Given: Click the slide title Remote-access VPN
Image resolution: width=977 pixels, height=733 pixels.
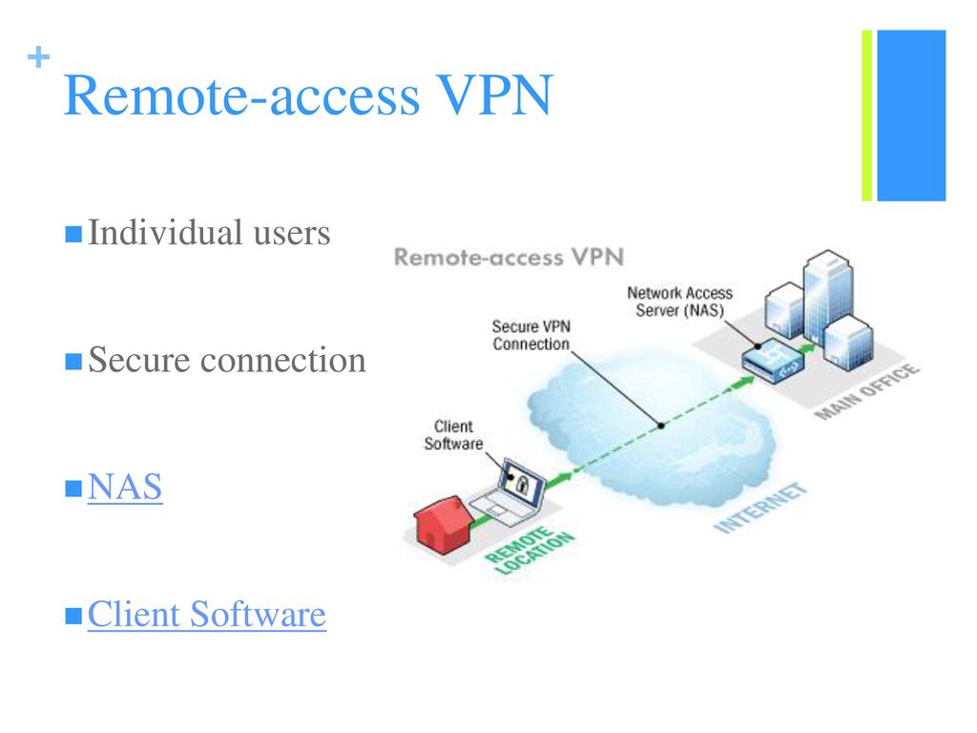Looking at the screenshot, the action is (x=308, y=95).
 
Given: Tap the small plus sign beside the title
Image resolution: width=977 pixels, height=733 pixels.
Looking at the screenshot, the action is (x=38, y=57).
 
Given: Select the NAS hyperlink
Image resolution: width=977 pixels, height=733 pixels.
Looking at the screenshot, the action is (x=125, y=486).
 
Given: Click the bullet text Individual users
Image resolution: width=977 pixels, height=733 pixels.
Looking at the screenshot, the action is (x=209, y=233).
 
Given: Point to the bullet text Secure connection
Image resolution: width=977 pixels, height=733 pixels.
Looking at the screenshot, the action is (x=227, y=360).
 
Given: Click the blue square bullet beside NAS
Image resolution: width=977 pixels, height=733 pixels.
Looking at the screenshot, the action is (x=73, y=489).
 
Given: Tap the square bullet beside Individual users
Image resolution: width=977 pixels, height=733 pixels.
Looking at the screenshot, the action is (x=73, y=235).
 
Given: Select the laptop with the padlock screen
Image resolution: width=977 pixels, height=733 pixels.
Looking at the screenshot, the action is (x=509, y=490).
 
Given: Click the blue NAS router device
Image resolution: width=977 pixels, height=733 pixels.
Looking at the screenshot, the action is (x=773, y=361).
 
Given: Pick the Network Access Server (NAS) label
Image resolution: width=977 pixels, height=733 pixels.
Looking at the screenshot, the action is (x=679, y=302).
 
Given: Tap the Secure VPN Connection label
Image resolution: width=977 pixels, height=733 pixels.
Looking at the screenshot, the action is (x=530, y=335).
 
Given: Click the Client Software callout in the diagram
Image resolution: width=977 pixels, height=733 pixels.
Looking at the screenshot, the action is (x=453, y=435).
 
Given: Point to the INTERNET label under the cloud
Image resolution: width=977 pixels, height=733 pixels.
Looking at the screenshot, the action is (x=760, y=508).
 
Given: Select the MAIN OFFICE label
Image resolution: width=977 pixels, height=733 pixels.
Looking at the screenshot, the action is (x=866, y=390).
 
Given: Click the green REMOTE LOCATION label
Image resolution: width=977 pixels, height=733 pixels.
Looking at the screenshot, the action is (x=530, y=551).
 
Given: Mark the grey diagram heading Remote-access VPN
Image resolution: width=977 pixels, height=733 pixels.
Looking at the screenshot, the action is (x=509, y=257).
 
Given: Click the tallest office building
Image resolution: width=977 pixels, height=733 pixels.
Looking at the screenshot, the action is (x=827, y=293).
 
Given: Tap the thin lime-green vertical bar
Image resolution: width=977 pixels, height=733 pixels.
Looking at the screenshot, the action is (x=866, y=115).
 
